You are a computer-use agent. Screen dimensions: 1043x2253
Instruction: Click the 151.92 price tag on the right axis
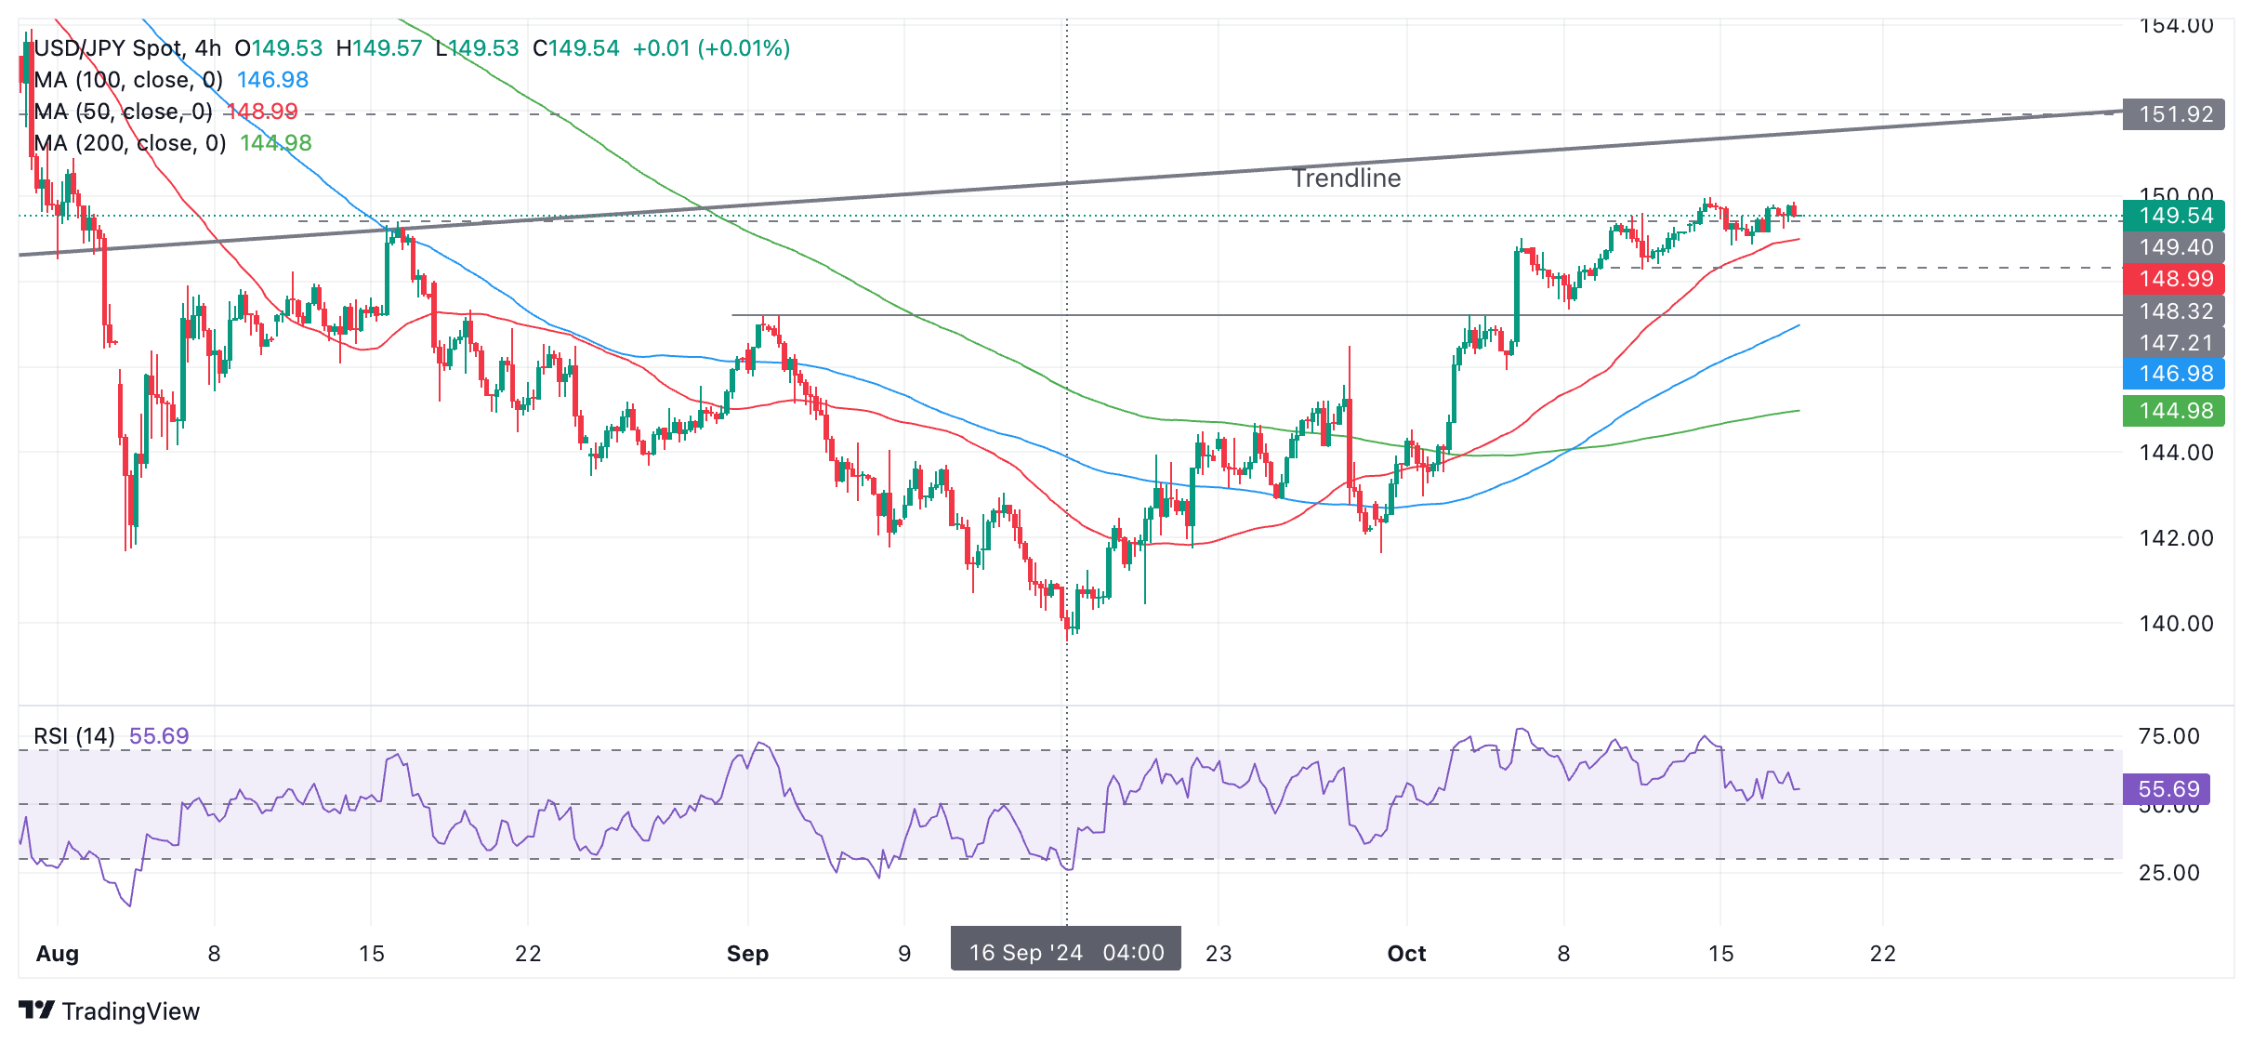pos(2173,114)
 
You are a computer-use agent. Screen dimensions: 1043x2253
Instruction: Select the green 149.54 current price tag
pos(2173,216)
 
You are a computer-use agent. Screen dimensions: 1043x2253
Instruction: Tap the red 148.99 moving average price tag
pos(2173,279)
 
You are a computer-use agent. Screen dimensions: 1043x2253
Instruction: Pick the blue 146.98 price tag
pos(2173,374)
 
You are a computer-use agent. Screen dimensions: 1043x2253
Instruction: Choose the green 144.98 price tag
pos(2173,411)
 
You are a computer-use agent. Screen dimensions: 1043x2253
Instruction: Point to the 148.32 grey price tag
pos(2173,311)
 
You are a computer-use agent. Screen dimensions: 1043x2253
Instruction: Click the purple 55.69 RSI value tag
pos(2167,789)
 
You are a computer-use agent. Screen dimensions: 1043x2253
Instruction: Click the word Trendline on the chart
pos(1346,178)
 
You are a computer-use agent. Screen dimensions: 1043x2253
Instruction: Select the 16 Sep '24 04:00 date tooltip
pos(1065,952)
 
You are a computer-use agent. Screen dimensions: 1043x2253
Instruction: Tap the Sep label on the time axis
pos(747,954)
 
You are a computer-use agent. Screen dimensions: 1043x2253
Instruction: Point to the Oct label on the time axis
pos(1406,954)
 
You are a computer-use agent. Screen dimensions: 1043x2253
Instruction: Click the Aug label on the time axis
pos(58,954)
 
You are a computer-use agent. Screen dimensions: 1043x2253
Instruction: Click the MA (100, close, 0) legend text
pos(128,80)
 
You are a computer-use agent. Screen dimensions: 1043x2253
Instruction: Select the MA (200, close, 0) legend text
pos(130,143)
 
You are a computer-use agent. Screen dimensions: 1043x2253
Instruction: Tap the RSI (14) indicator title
pos(74,736)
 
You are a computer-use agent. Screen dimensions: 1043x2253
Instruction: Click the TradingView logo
pos(110,1010)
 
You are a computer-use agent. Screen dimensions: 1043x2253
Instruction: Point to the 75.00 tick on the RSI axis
pos(2168,736)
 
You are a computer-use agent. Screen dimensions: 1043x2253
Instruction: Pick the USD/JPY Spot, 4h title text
pos(128,48)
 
